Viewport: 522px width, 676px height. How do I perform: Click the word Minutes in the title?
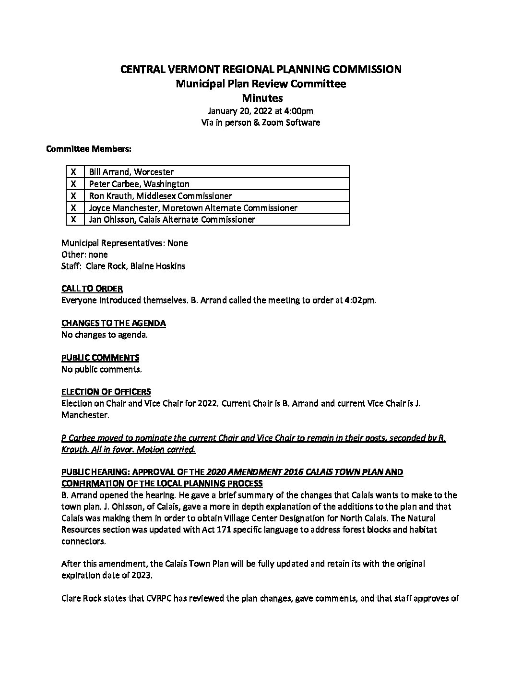262,98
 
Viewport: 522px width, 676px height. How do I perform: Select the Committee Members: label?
89,149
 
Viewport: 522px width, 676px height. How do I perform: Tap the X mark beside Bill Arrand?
74,172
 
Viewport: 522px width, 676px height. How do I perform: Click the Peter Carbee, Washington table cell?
139,184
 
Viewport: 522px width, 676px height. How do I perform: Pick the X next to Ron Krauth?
74,196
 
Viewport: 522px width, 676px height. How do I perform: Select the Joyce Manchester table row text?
193,208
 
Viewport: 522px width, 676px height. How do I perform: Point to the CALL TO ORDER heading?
92,289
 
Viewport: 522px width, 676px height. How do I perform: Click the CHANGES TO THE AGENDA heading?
114,323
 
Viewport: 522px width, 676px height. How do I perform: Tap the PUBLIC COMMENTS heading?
100,358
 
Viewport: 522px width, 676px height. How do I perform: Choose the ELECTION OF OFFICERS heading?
106,392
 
